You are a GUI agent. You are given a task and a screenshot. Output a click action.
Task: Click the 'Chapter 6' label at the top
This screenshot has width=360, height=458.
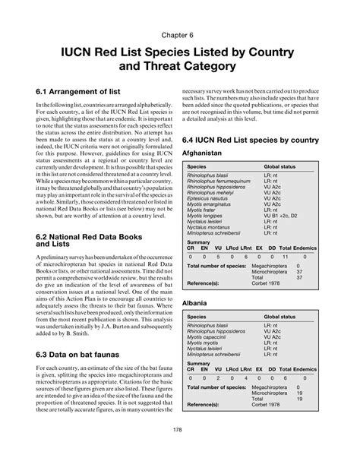[179, 35]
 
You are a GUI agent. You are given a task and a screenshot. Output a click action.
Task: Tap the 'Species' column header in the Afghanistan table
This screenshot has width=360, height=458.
[197, 166]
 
